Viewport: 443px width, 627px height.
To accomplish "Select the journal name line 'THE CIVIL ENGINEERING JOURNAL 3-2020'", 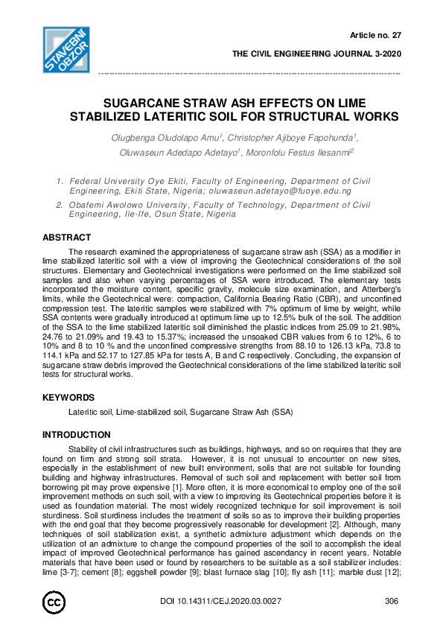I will click(316, 54).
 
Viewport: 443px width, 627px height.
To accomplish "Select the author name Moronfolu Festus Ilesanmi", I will click(300, 152).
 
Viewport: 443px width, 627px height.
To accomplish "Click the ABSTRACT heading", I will click(67, 238).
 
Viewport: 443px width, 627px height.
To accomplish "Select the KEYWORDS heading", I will click(68, 398).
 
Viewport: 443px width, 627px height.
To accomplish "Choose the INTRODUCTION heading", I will click(77, 435).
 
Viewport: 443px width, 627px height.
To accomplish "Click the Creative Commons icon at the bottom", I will click(55, 601).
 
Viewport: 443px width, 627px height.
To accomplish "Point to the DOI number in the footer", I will click(221, 601).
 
